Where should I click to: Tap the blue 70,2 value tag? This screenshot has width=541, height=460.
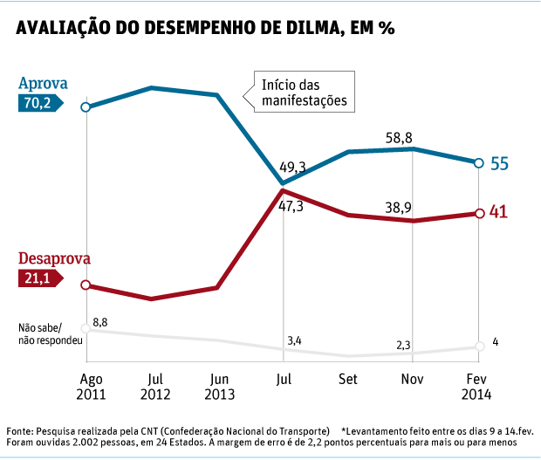[x=45, y=103]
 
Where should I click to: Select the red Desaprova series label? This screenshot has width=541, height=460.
[x=54, y=259]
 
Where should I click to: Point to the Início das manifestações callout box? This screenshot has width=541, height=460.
[x=305, y=93]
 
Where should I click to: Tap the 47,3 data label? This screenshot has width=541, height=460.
[x=291, y=206]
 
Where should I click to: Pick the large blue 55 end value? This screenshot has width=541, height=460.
[x=499, y=164]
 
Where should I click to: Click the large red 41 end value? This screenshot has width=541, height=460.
[x=499, y=212]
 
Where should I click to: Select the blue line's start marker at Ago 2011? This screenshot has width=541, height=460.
[x=86, y=107]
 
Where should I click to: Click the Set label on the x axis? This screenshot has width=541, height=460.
[x=347, y=380]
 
